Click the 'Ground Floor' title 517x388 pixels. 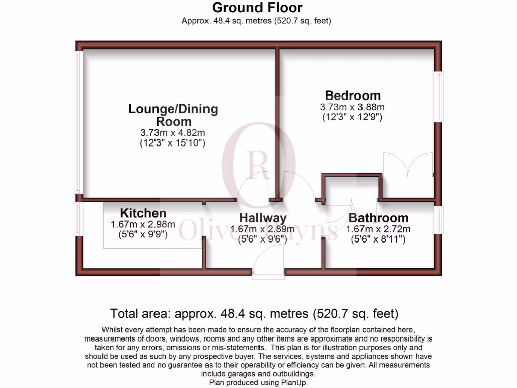(x=257, y=8)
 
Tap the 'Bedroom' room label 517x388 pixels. (x=352, y=95)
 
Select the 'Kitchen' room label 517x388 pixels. (x=143, y=213)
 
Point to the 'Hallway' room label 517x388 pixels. (x=263, y=218)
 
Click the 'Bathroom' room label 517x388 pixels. (x=379, y=218)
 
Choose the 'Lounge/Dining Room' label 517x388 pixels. (x=173, y=115)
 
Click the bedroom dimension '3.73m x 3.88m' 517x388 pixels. (x=352, y=107)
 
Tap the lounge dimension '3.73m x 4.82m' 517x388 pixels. (x=173, y=133)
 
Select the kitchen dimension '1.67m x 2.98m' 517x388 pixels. (x=143, y=225)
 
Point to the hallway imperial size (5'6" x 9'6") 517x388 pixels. (x=263, y=240)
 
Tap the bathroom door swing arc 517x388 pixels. (x=339, y=212)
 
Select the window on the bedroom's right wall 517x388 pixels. (x=440, y=96)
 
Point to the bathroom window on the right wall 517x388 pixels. (x=440, y=220)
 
